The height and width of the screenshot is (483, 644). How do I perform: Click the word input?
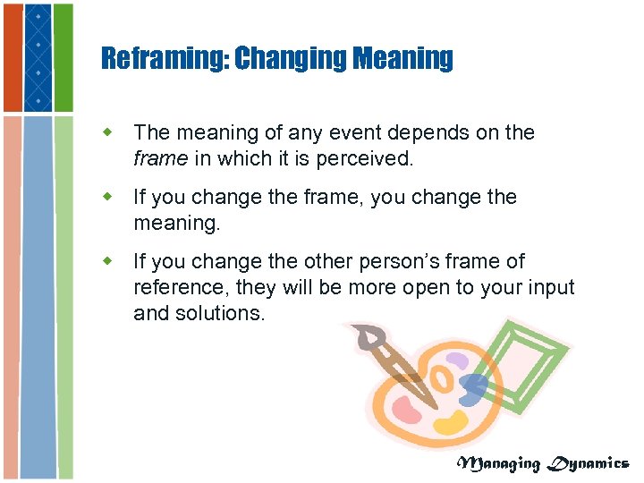point(550,287)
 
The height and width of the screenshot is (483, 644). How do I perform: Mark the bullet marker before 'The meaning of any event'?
point(108,133)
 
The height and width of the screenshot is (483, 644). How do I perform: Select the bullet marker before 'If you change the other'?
point(108,261)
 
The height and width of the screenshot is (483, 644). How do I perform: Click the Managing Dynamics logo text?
point(543,462)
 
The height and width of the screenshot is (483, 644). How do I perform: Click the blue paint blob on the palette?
point(473,388)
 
